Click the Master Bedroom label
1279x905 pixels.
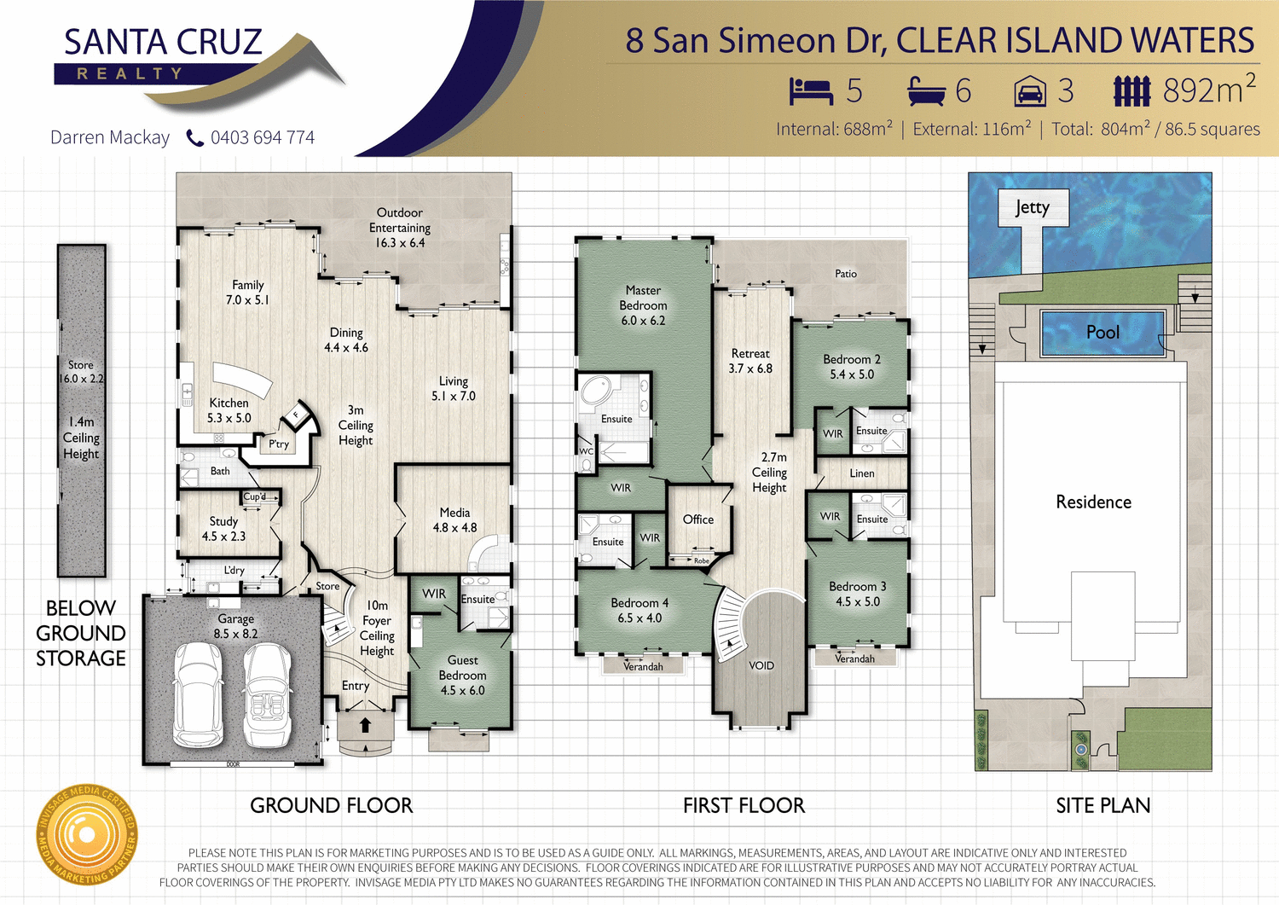pyautogui.click(x=643, y=305)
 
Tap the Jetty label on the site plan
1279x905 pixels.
pyautogui.click(x=1033, y=207)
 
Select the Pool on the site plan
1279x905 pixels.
pyautogui.click(x=1102, y=333)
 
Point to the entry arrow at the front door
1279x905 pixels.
pyautogui.click(x=365, y=725)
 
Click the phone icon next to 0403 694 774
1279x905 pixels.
pyautogui.click(x=195, y=138)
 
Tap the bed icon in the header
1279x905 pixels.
pyautogui.click(x=810, y=91)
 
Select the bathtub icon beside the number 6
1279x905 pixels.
pyautogui.click(x=926, y=91)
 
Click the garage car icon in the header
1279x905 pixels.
pyautogui.click(x=1030, y=91)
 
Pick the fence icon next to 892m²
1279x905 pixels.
pyautogui.click(x=1132, y=91)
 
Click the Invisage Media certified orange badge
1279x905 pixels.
pyautogui.click(x=86, y=834)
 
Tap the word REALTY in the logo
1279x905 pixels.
pyautogui.click(x=130, y=74)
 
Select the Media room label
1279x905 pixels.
pyautogui.click(x=454, y=519)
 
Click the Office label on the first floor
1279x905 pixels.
pyautogui.click(x=697, y=519)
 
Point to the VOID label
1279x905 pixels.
pyautogui.click(x=761, y=665)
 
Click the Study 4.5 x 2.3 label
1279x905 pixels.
pyautogui.click(x=223, y=528)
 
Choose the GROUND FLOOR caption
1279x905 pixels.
pyautogui.click(x=331, y=805)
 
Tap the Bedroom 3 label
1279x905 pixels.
pyautogui.click(x=857, y=594)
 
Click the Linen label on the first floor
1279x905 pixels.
pyautogui.click(x=862, y=473)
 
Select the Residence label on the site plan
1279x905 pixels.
pyautogui.click(x=1093, y=502)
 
